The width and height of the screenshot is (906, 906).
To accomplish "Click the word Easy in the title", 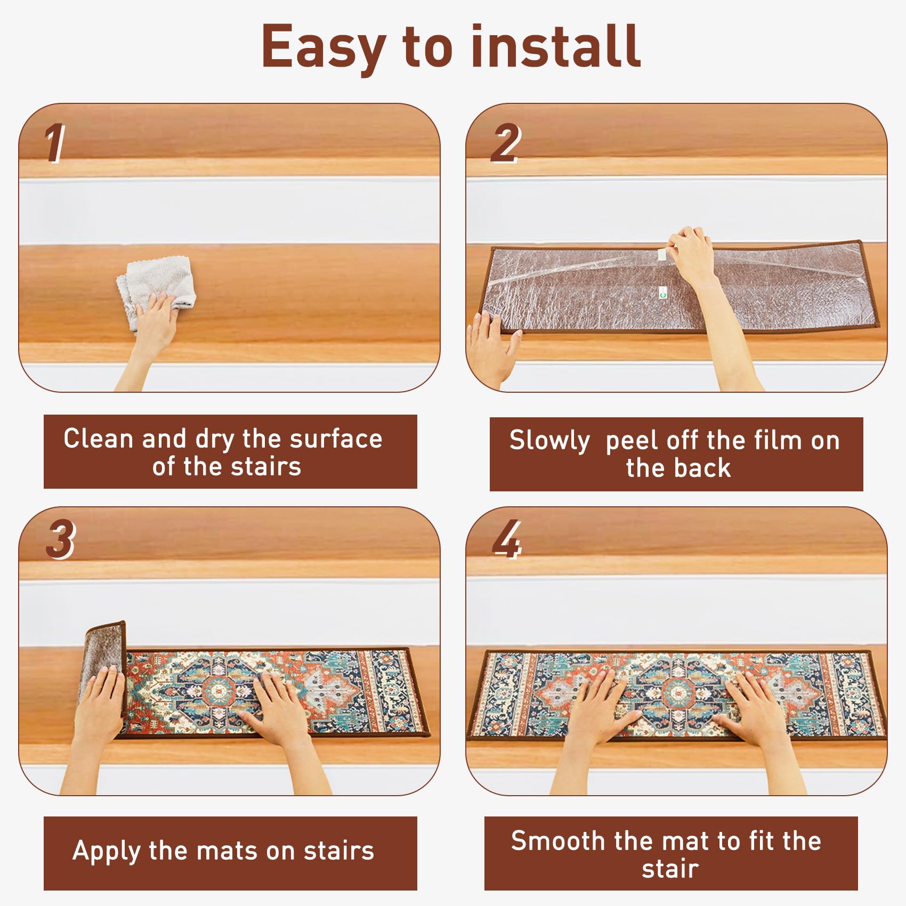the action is pos(323,48).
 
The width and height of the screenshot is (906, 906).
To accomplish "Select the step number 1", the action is pos(54,142).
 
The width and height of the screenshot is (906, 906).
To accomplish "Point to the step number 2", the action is pos(505,142).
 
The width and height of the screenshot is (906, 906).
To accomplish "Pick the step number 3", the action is pos(60,539).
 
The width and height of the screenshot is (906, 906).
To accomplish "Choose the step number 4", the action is pos(506,539).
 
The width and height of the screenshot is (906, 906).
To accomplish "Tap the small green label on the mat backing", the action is pos(662,292).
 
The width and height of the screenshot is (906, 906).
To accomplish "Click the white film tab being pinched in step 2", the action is pos(662,254).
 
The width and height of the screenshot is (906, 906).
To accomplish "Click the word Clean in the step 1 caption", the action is pos(98,439).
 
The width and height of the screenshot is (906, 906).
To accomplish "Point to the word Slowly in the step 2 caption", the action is pos(549,441).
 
